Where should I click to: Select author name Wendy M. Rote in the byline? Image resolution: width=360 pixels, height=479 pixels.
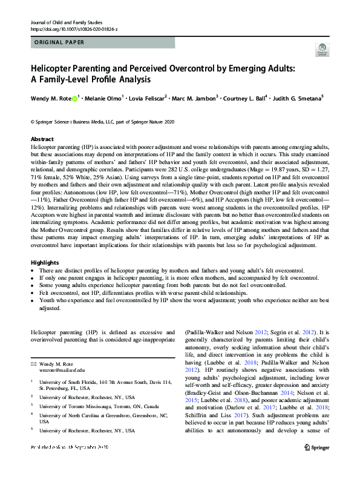click(50, 98)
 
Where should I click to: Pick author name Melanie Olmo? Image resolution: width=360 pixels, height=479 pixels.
click(103, 98)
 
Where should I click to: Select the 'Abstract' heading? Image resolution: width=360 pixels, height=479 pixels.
click(42, 139)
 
